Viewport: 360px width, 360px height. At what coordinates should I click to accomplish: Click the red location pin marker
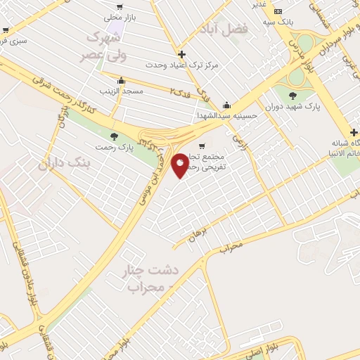point(181,165)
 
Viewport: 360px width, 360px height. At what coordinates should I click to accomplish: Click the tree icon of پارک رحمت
point(115,136)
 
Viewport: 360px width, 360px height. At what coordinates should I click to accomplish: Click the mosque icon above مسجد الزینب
point(122,80)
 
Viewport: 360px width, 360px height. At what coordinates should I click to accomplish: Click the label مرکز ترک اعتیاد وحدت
point(181,65)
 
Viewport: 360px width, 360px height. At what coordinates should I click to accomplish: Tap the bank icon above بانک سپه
point(278,11)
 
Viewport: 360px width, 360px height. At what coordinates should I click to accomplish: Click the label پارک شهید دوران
point(293,107)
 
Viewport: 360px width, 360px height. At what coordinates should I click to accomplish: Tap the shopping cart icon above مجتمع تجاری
point(202,146)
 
